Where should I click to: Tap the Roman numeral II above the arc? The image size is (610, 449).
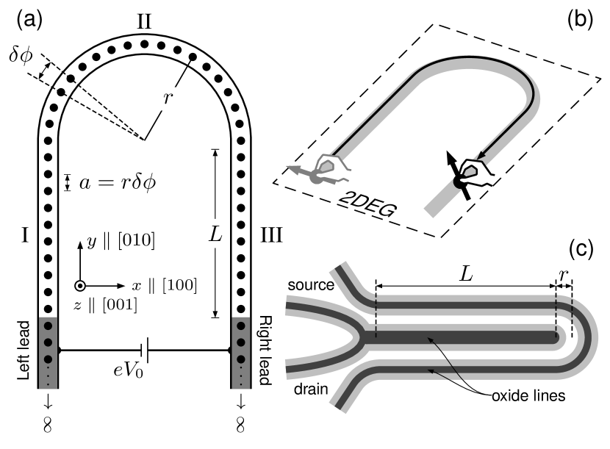tap(144, 22)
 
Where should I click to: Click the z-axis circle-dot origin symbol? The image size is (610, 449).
tap(80, 285)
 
